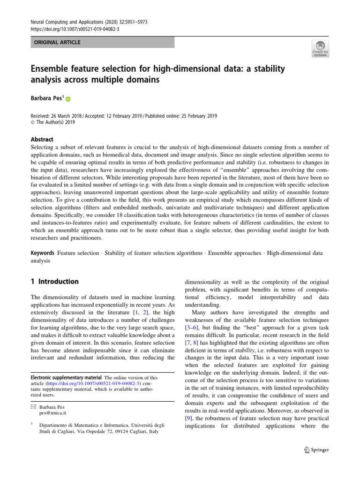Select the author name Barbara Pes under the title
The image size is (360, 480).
tap(46, 98)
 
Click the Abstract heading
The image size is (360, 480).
tap(42, 139)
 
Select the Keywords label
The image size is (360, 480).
tap(42, 253)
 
